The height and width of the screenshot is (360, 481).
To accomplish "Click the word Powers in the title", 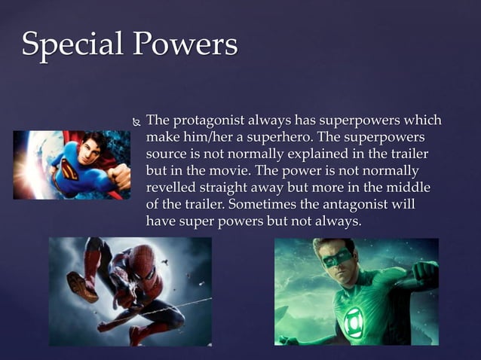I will [185, 45].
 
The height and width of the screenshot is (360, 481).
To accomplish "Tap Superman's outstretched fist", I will [117, 182].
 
